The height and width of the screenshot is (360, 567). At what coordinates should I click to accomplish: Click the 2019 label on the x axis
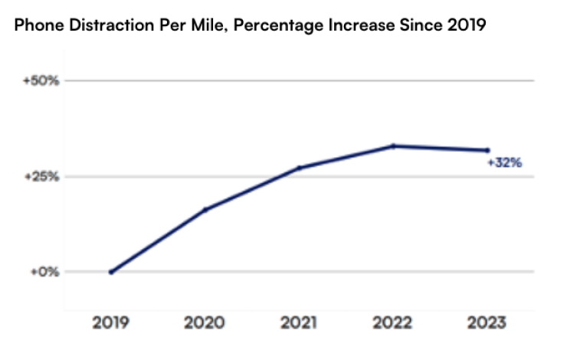coord(112,323)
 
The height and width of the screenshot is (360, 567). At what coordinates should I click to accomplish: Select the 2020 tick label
coord(205,323)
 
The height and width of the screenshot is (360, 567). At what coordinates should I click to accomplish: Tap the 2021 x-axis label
coord(299,323)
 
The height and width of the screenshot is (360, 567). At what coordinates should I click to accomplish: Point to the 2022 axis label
coord(393,323)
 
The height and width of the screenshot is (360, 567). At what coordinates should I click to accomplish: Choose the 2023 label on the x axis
coord(487,323)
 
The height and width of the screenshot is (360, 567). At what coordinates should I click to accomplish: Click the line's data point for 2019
coord(112,272)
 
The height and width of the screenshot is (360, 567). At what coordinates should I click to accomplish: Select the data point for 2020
coord(205,209)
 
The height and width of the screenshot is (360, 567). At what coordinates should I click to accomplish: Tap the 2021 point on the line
coord(299,167)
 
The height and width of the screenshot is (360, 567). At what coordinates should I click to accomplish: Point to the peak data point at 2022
coord(393,146)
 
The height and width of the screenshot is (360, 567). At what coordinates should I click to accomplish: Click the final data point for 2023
coord(487,150)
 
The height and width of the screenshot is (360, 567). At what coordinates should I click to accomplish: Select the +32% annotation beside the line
coord(504,163)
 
